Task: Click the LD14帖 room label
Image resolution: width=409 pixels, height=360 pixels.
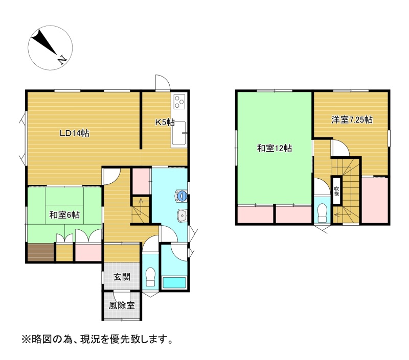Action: [x=75, y=133]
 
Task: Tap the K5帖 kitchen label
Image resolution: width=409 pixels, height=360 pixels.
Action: [x=165, y=122]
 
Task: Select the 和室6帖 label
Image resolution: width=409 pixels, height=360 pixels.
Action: [x=64, y=215]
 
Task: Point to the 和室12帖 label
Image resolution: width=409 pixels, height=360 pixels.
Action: [x=275, y=148]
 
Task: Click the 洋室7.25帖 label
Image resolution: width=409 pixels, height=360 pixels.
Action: [x=352, y=120]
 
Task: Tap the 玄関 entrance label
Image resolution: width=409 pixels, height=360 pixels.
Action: [x=122, y=277]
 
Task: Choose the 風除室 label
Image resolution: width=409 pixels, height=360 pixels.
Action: [x=122, y=305]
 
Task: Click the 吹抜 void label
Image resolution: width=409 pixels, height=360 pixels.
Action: [x=336, y=191]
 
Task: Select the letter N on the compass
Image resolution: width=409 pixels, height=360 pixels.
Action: [x=62, y=60]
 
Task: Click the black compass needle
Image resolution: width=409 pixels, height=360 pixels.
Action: [x=44, y=42]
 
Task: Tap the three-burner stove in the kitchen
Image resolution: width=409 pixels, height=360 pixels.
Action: [x=179, y=102]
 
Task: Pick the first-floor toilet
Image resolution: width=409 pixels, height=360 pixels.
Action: [x=150, y=277]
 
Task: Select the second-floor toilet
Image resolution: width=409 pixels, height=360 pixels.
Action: [x=323, y=213]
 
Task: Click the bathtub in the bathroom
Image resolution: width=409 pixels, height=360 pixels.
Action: [x=174, y=282]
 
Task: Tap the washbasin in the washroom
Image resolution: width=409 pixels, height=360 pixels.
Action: [x=182, y=215]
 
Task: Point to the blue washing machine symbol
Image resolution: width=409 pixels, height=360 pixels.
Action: [x=181, y=196]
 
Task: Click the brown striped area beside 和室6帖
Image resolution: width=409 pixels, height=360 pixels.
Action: [x=41, y=252]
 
